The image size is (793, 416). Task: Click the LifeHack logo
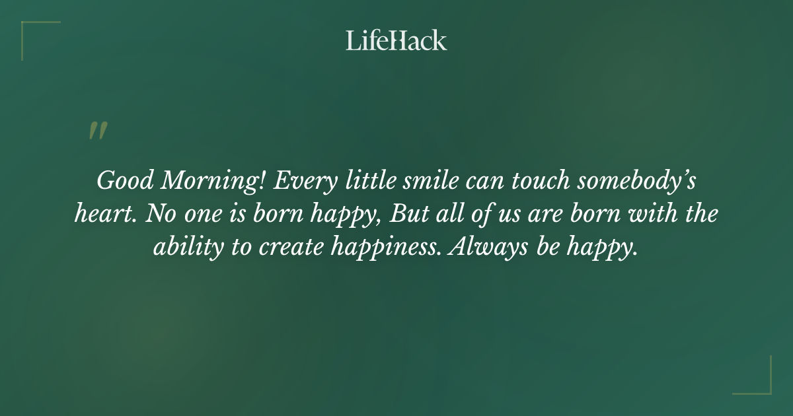tap(397, 40)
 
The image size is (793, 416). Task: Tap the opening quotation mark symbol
tap(98, 131)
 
